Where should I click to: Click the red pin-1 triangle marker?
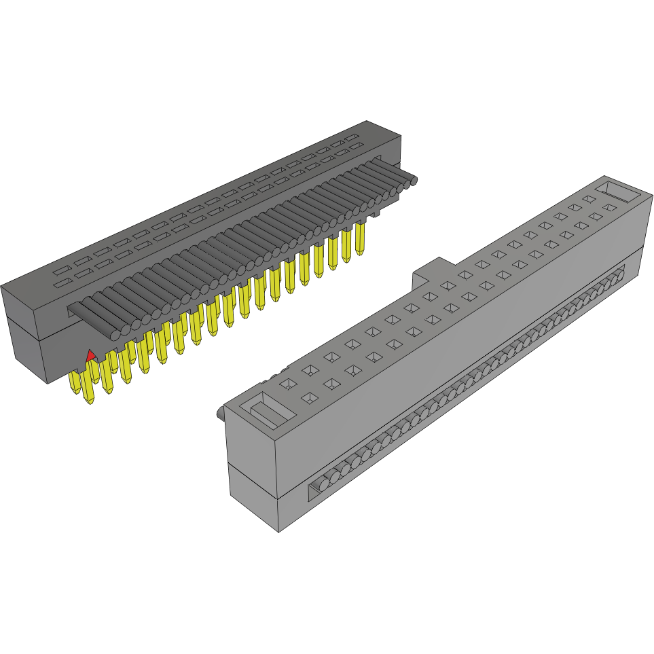(x=89, y=355)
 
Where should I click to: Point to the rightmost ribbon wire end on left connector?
(x=412, y=180)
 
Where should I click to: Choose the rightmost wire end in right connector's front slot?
(x=619, y=274)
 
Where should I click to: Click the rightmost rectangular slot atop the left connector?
(x=352, y=138)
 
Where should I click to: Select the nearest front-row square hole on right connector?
(x=308, y=397)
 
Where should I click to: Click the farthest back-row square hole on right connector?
(x=589, y=199)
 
